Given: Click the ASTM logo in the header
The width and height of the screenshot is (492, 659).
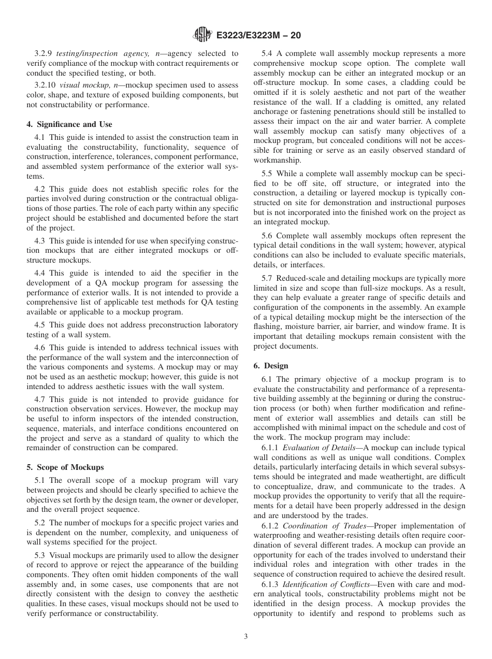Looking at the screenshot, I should tap(202, 35).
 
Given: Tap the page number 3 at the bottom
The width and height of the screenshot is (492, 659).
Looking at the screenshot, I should tap(246, 637).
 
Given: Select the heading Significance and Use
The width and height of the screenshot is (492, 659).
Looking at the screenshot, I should tap(69, 124).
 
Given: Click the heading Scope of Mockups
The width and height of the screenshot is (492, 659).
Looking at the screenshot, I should tap(65, 467).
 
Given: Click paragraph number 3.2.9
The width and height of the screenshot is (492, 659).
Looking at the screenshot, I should tap(44, 53).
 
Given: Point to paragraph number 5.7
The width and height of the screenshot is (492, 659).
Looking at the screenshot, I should tap(267, 278).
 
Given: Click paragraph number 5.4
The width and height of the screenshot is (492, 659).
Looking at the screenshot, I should tap(267, 53).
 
